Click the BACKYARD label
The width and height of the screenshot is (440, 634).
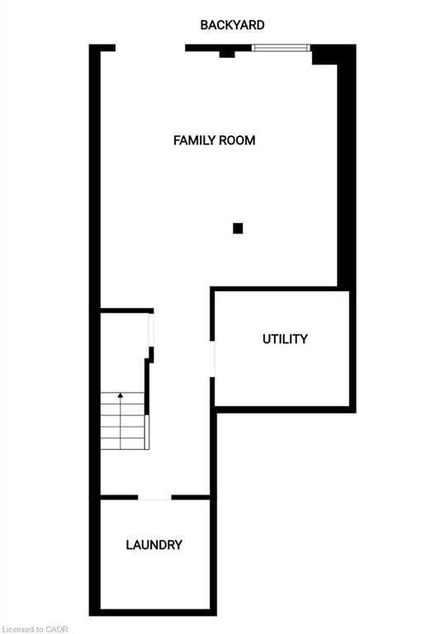click(232, 25)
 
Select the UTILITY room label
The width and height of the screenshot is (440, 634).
click(285, 338)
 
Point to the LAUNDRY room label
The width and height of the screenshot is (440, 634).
click(154, 545)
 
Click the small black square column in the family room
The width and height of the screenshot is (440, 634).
click(238, 229)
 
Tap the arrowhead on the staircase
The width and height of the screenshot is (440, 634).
click(120, 395)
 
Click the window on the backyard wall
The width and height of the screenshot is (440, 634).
click(281, 48)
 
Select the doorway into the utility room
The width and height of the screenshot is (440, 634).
click(212, 359)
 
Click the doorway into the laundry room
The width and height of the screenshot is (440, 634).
click(154, 497)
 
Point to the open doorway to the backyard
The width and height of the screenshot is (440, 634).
click(150, 48)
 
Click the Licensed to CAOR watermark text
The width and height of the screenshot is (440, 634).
click(34, 629)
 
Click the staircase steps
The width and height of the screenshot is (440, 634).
click(123, 420)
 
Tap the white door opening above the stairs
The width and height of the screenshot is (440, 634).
click(151, 330)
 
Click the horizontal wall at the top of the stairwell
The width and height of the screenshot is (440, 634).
click(127, 310)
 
